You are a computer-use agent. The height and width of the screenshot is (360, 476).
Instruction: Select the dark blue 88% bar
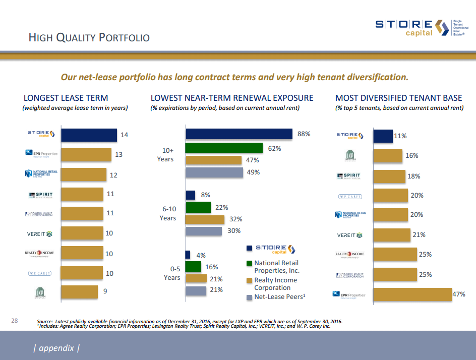pyautogui.click(x=239, y=134)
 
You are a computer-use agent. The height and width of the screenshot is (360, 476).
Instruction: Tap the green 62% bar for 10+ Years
pyautogui.click(x=224, y=148)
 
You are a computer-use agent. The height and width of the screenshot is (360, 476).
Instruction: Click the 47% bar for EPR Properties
pyautogui.click(x=412, y=294)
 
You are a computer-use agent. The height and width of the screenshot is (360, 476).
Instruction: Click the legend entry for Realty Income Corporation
pyautogui.click(x=275, y=284)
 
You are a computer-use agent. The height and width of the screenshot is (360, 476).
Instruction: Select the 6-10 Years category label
pyautogui.click(x=168, y=213)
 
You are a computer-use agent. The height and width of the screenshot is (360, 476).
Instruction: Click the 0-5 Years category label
pyautogui.click(x=171, y=273)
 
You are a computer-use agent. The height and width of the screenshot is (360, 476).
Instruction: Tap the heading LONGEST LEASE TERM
pyautogui.click(x=66, y=98)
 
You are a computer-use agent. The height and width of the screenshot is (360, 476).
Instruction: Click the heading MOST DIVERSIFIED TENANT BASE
pyautogui.click(x=398, y=98)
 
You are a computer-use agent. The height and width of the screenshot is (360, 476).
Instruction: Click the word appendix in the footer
pyautogui.click(x=56, y=348)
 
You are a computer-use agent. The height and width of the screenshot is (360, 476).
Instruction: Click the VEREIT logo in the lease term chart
pyautogui.click(x=39, y=234)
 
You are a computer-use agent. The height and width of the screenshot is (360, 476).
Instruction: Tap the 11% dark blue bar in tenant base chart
pyautogui.click(x=382, y=136)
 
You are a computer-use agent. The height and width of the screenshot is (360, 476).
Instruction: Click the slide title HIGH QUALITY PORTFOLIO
pyautogui.click(x=89, y=38)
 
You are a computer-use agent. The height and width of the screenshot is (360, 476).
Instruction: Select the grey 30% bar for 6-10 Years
pyautogui.click(x=204, y=231)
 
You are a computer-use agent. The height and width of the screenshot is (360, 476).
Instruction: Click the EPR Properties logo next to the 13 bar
pyautogui.click(x=41, y=154)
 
